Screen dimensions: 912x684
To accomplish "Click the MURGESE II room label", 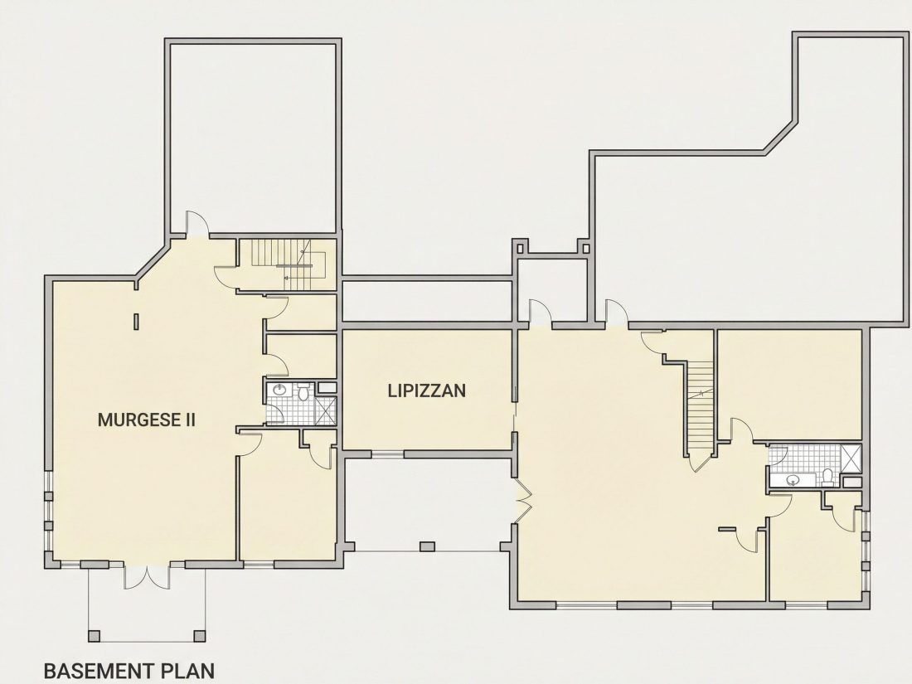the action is pyautogui.click(x=146, y=420).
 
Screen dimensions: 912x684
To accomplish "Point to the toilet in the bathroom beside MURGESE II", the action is pyautogui.click(x=303, y=392).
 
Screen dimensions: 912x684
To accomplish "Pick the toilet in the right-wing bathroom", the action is pyautogui.click(x=828, y=477).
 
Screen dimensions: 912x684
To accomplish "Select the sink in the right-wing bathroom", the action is pyautogui.click(x=792, y=480).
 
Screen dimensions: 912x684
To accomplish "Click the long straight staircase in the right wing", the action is pyautogui.click(x=701, y=406).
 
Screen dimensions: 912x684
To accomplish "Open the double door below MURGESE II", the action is pyautogui.click(x=147, y=575).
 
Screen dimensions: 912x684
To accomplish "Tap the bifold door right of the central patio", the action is pyautogui.click(x=524, y=501).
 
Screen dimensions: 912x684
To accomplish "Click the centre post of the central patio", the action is pyautogui.click(x=428, y=546).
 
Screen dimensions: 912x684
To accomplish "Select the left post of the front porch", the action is pyautogui.click(x=95, y=636).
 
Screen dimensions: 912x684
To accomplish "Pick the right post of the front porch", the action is pyautogui.click(x=200, y=636).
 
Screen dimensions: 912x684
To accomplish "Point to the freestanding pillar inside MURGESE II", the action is pyautogui.click(x=136, y=322).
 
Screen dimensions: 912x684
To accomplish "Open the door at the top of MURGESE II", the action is pyautogui.click(x=196, y=224).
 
